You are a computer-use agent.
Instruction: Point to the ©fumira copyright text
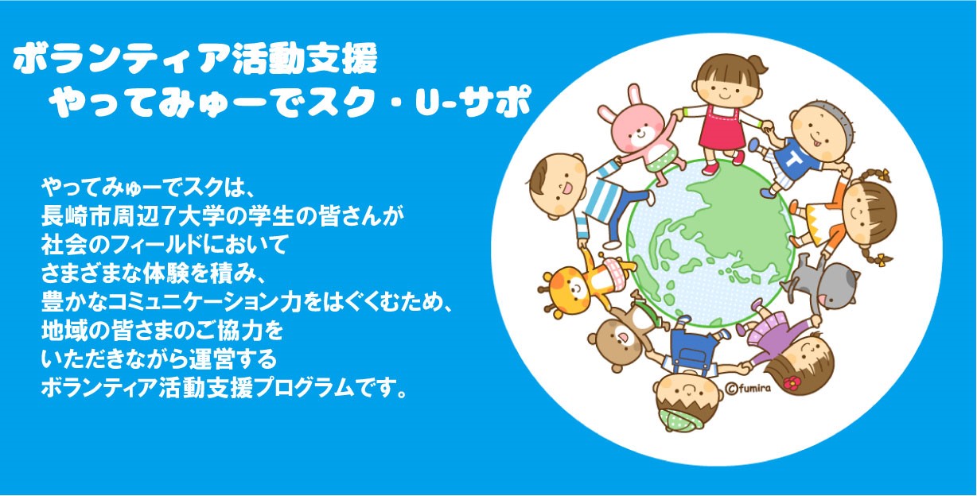748,387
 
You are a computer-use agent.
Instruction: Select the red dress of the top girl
722,126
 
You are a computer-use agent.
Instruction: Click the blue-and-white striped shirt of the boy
602,196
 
